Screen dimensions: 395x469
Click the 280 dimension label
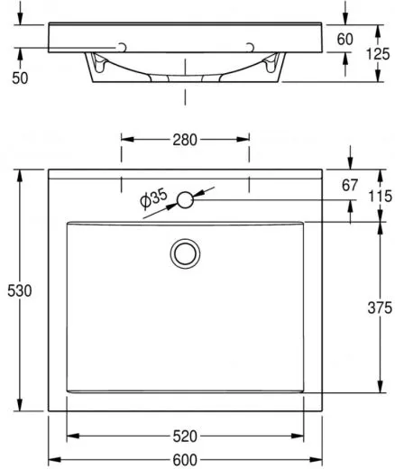pos(185,140)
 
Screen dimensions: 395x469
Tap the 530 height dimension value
pos(20,291)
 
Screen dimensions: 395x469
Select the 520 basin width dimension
pos(185,437)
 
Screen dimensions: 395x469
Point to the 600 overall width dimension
pos(185,460)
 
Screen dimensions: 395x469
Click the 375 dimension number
pos(380,308)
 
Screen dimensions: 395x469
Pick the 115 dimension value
pos(381,197)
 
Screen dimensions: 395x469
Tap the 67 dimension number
pos(350,185)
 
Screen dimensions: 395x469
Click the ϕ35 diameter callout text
pos(153,198)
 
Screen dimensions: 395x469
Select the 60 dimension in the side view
pos(344,40)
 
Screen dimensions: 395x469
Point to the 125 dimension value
pos(378,54)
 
